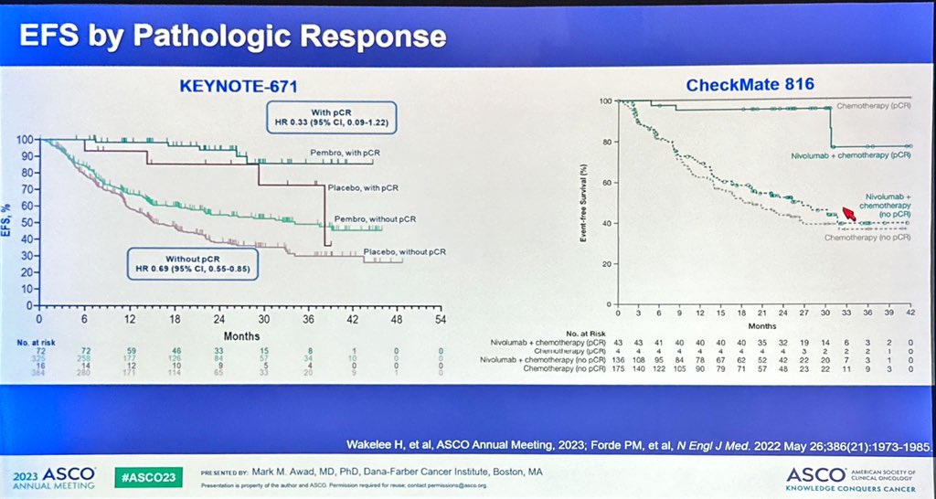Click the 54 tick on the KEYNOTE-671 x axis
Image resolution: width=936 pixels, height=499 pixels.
tap(440, 322)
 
